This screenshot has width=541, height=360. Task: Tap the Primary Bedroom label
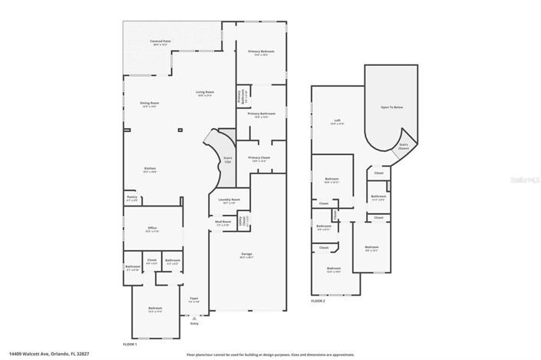tap(262, 53)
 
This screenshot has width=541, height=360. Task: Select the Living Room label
tap(205, 94)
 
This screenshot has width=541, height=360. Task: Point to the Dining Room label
tap(149, 104)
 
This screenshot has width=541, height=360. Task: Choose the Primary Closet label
tap(259, 160)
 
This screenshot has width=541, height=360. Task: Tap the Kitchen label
tap(150, 170)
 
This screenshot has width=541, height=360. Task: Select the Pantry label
tap(132, 198)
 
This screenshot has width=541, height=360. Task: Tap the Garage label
tap(247, 255)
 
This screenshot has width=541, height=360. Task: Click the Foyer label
tap(194, 299)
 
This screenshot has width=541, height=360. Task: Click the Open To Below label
tap(392, 107)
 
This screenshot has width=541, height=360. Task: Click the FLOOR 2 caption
tap(318, 302)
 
